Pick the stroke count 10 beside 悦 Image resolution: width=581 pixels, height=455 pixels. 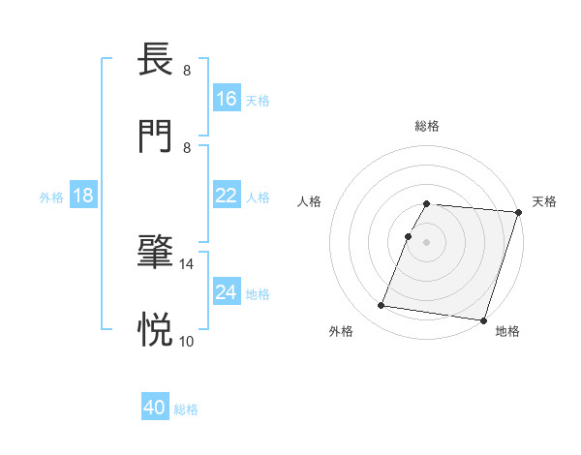coord(187,341)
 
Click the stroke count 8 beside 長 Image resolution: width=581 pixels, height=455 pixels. coord(187,71)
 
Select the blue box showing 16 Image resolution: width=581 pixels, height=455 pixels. coord(227,98)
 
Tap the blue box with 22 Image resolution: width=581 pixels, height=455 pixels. coord(227,196)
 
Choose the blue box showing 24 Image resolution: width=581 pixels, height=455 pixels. coord(227,291)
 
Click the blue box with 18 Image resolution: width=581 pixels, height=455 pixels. coord(83,196)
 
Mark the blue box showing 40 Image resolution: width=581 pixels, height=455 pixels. coord(155,409)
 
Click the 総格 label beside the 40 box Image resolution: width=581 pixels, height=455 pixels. coord(186,409)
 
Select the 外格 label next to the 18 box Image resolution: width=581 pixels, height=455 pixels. coord(51,197)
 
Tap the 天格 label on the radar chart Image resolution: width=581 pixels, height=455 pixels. coord(544,201)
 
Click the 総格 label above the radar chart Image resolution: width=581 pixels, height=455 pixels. coord(427,126)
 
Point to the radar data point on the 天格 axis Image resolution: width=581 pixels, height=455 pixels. coord(518,212)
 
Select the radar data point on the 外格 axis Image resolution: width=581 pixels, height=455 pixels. coord(382,306)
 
